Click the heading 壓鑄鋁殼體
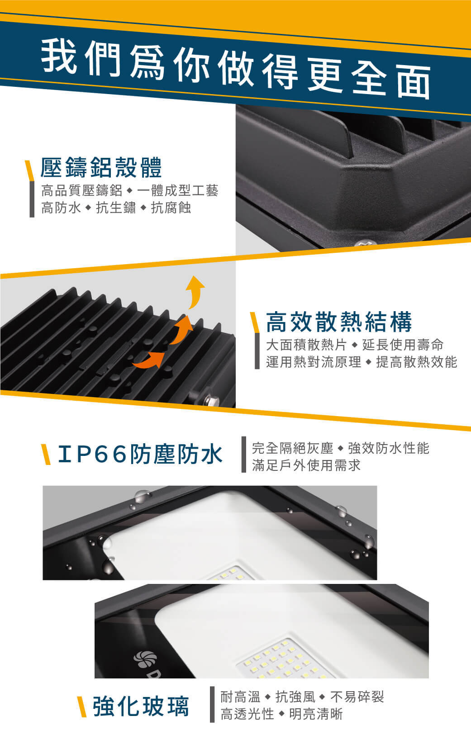click(x=101, y=167)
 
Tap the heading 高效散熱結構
click(x=339, y=322)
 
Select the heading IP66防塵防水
click(x=140, y=454)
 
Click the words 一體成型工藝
click(x=177, y=191)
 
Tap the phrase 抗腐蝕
click(x=171, y=208)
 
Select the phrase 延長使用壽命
click(x=403, y=345)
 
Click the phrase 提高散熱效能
click(x=417, y=362)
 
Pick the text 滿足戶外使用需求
click(x=306, y=465)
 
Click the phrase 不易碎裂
click(x=357, y=697)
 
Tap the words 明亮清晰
click(x=316, y=714)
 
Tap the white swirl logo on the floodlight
click(x=145, y=659)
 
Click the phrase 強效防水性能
click(x=389, y=448)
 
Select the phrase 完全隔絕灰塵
click(x=292, y=448)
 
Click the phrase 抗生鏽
click(x=116, y=208)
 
